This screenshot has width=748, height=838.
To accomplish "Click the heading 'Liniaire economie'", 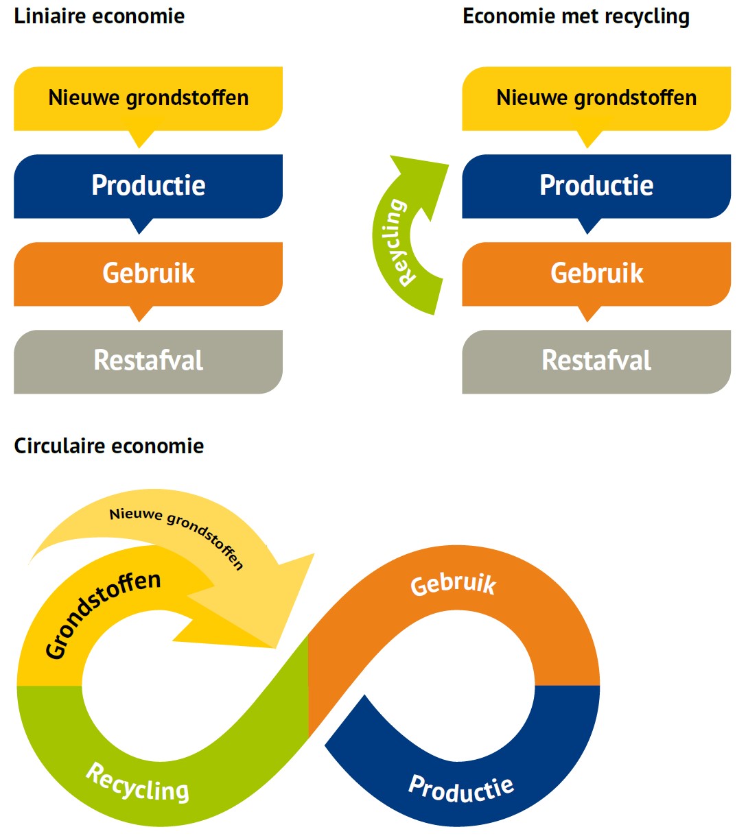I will click(100, 16).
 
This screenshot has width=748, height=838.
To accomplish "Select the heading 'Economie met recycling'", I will click(576, 16).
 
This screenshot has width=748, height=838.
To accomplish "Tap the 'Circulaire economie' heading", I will click(109, 446).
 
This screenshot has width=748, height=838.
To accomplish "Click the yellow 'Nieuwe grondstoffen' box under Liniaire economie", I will click(148, 98).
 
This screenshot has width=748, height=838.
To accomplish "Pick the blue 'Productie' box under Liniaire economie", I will click(148, 186).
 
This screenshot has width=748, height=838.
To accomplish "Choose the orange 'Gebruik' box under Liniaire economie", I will click(148, 274).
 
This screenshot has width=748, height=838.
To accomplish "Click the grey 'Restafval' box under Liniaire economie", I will click(148, 361).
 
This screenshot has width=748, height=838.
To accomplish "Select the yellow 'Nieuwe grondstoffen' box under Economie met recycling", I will click(596, 98).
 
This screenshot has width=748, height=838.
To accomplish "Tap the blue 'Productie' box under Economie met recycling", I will click(596, 186).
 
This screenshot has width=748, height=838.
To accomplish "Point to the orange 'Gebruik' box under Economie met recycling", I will click(596, 274).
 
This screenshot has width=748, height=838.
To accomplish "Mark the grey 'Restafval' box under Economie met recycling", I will click(596, 361).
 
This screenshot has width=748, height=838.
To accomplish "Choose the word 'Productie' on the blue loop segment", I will click(461, 789).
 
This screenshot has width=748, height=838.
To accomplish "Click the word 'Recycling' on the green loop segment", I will click(137, 783).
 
